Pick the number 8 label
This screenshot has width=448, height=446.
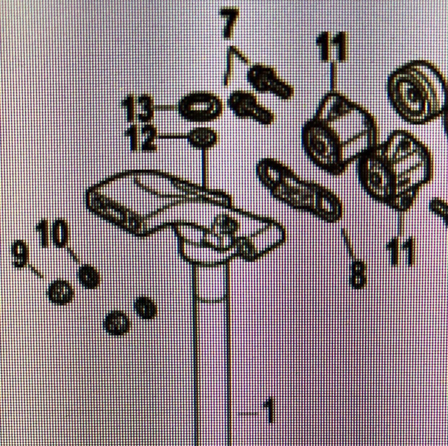pyautogui.click(x=358, y=275)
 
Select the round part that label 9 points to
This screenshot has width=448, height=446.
pyautogui.click(x=61, y=292)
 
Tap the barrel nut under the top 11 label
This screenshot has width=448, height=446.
pyautogui.click(x=339, y=134)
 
